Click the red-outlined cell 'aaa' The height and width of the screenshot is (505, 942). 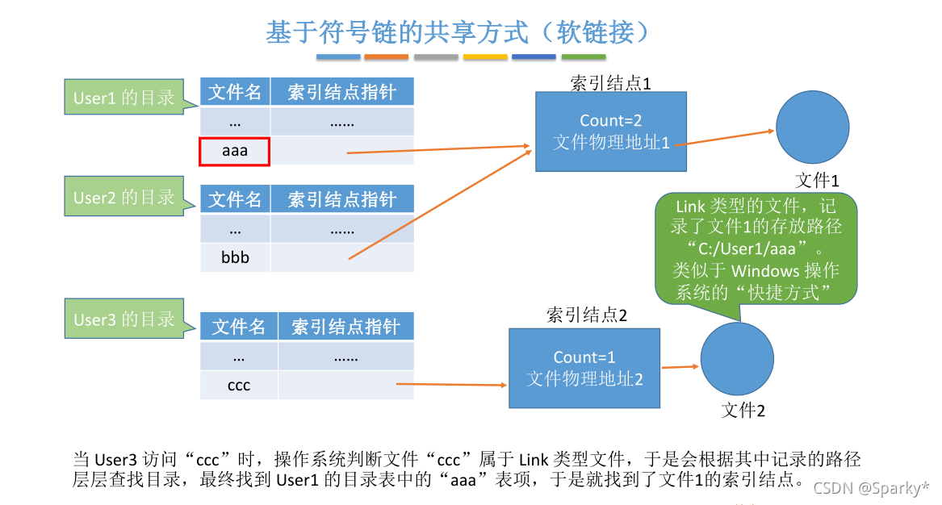(x=234, y=151)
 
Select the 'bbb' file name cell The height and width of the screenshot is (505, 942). (x=235, y=257)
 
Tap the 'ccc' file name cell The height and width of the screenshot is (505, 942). (x=239, y=385)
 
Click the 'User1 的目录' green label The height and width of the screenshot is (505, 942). (x=123, y=98)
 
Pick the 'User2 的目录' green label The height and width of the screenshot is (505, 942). (x=123, y=198)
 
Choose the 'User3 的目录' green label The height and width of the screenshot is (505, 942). (x=123, y=319)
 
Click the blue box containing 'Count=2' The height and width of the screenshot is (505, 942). (x=610, y=131)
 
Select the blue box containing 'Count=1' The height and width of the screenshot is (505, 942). (x=584, y=367)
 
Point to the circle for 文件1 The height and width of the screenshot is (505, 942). (x=812, y=129)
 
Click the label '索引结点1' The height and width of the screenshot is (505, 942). (x=610, y=82)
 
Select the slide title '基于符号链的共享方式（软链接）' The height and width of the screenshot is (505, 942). (x=458, y=31)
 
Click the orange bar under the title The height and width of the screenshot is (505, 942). (x=386, y=57)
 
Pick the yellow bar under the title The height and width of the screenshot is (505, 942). (x=485, y=57)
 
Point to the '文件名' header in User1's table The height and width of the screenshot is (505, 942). (x=235, y=91)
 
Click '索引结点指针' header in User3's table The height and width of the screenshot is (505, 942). (x=345, y=327)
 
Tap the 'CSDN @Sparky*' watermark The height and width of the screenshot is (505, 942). (x=870, y=487)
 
